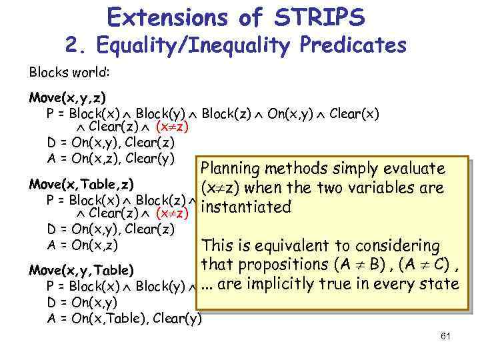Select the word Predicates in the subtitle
[x=351, y=45]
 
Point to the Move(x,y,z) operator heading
[x=67, y=98]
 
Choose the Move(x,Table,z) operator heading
[x=81, y=183]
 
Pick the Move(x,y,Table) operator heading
[x=81, y=270]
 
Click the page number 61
[x=446, y=336]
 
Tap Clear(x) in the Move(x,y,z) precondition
[x=353, y=113]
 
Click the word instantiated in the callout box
[x=246, y=207]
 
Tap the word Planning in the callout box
[x=229, y=169]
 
